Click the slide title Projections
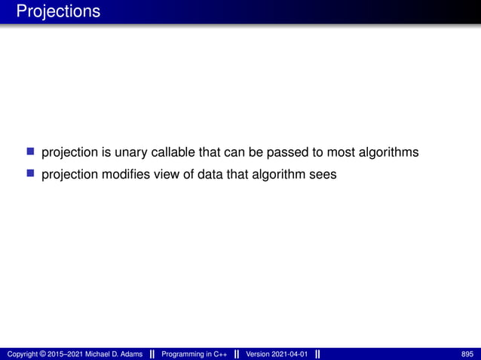(x=57, y=12)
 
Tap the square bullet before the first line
(x=31, y=152)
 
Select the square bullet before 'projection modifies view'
(x=31, y=174)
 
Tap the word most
(x=329, y=153)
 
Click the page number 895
(x=467, y=354)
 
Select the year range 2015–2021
(x=67, y=354)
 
